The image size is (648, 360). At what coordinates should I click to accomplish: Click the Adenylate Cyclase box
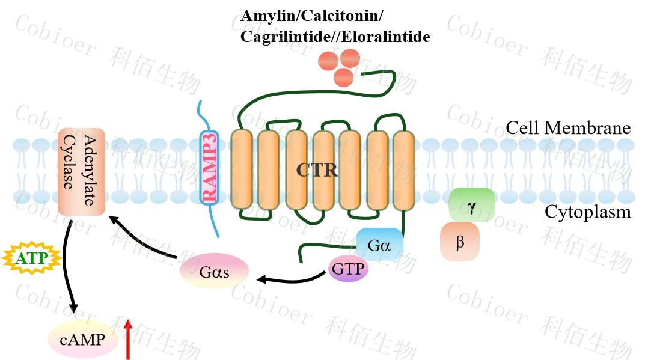[82, 171]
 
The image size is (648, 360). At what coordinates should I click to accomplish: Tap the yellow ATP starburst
[32, 259]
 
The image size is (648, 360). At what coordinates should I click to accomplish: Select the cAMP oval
[82, 340]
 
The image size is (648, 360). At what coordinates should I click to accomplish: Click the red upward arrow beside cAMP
[127, 339]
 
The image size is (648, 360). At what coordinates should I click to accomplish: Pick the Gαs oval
[214, 271]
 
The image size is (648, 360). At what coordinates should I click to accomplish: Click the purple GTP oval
[348, 269]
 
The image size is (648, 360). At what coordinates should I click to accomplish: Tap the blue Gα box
[379, 244]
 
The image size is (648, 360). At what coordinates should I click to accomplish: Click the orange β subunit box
[460, 242]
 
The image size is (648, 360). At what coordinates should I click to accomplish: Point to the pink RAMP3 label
[210, 168]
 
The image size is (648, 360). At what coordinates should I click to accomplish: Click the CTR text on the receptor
[317, 170]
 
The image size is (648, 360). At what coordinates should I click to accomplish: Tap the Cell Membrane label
[567, 128]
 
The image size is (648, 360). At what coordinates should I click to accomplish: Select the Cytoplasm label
[588, 212]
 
